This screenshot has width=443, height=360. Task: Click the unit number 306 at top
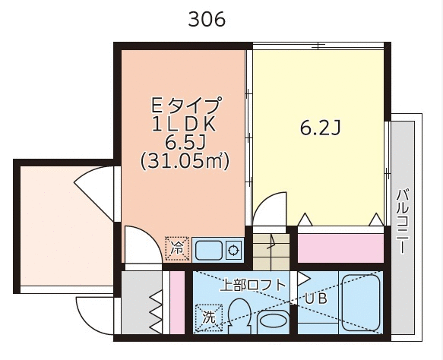[x=207, y=20]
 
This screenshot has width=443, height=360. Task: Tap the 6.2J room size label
[x=320, y=128]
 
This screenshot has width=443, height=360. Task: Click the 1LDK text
[x=184, y=125]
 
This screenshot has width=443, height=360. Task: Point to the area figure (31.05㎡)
[x=185, y=162]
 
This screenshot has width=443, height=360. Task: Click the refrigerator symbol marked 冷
[x=178, y=249]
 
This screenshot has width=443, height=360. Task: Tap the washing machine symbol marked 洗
[x=209, y=317]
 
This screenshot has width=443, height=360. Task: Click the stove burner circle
[x=233, y=250]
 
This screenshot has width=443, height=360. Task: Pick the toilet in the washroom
[x=239, y=316]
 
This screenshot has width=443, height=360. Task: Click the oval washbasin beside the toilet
[x=273, y=322]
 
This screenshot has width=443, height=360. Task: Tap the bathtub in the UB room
[x=360, y=302]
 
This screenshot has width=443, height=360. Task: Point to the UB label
[x=316, y=298]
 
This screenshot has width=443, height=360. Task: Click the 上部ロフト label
[x=253, y=285]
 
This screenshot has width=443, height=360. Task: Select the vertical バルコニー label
[x=403, y=221]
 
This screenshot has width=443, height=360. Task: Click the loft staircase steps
[x=271, y=251]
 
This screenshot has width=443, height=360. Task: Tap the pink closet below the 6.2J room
[x=340, y=248]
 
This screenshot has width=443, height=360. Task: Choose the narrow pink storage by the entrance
[x=177, y=302]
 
